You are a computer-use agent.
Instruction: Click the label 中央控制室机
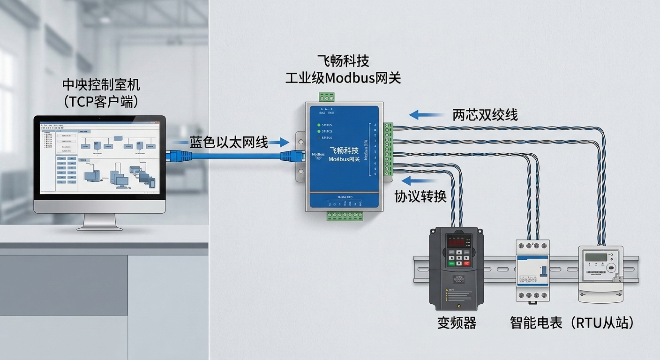(101, 85)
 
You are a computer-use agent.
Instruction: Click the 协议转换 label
(420, 196)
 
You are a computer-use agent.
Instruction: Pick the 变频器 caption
(457, 322)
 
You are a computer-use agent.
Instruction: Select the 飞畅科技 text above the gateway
(343, 61)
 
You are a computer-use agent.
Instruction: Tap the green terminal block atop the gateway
(327, 97)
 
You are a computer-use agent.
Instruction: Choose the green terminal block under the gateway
(345, 216)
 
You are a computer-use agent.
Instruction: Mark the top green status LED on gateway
(319, 125)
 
